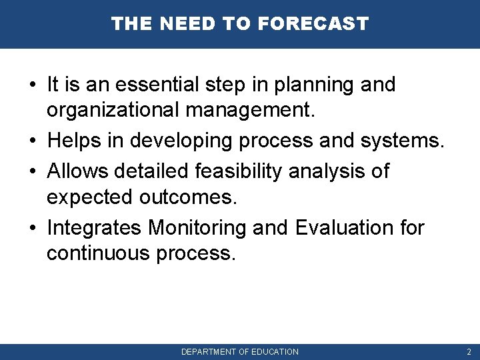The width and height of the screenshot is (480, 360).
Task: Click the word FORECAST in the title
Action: [312, 24]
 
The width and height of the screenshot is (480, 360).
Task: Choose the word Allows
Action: [78, 171]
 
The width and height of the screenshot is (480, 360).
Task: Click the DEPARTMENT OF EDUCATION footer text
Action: [240, 351]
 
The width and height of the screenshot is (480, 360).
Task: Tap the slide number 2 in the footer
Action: [469, 351]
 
